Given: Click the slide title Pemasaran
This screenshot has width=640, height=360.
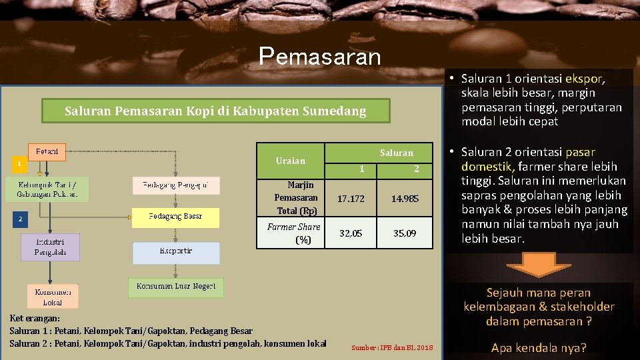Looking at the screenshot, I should (x=319, y=56).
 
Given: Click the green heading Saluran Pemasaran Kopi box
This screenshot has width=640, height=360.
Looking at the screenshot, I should (x=215, y=111).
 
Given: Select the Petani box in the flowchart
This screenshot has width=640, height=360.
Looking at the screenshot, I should (x=47, y=152).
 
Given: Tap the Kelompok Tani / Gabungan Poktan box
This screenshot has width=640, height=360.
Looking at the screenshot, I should (x=47, y=189).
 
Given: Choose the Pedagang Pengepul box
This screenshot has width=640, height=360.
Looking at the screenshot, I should (x=175, y=185).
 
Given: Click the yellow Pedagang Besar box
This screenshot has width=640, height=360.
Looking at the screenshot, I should (x=175, y=217).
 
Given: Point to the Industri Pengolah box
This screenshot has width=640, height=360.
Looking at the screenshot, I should (x=50, y=247).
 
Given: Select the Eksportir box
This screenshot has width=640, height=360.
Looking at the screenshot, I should (x=175, y=252).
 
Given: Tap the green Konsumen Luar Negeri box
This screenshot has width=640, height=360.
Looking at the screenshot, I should (x=175, y=287).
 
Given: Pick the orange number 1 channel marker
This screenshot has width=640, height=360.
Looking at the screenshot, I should (x=19, y=163).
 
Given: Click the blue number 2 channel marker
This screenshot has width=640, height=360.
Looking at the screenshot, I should (x=19, y=219).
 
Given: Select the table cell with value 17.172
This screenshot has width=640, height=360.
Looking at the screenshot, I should (x=351, y=199).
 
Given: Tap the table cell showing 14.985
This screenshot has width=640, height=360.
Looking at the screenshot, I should (x=405, y=199).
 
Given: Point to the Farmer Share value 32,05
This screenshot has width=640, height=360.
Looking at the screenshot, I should (x=351, y=233).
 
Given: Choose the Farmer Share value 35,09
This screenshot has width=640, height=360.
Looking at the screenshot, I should (x=405, y=233).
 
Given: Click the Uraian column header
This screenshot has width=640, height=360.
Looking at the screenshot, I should (x=291, y=161).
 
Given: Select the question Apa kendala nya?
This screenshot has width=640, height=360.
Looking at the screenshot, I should (x=539, y=347).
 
